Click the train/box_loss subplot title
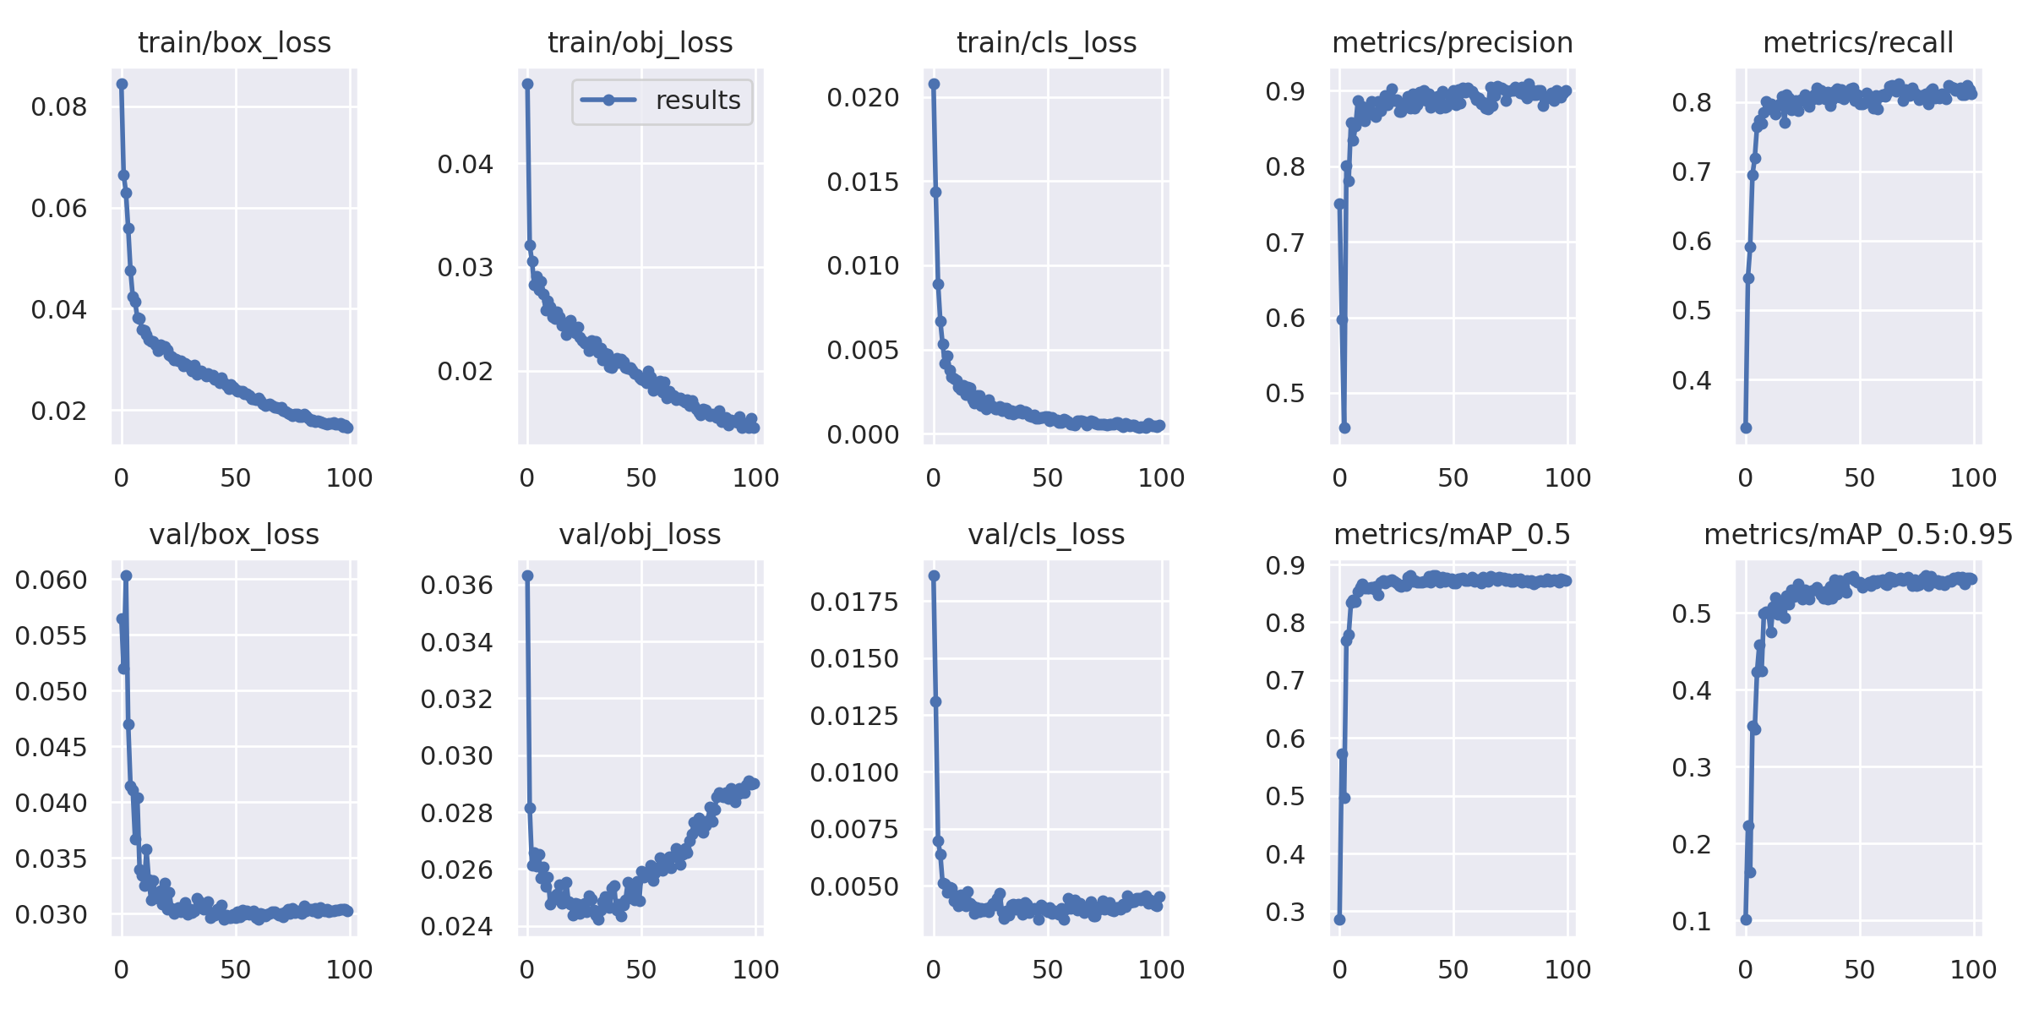(234, 42)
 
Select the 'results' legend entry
(662, 101)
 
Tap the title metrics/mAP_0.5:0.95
(1858, 534)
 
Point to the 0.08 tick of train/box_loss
(59, 107)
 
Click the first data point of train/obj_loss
(527, 84)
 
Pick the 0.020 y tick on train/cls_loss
(863, 97)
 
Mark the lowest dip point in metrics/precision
(1344, 428)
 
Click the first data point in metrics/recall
(1746, 428)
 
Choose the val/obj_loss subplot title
(640, 534)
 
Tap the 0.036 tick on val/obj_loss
(456, 585)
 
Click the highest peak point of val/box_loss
(126, 575)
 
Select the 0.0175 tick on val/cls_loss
(854, 602)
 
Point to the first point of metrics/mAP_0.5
(1339, 919)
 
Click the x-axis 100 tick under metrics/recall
(1973, 478)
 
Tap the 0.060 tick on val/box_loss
(51, 580)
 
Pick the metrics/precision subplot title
(1452, 42)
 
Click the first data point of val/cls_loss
(934, 575)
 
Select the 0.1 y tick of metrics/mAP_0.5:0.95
(1692, 921)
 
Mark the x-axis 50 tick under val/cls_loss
(1048, 970)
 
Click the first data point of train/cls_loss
(934, 84)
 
